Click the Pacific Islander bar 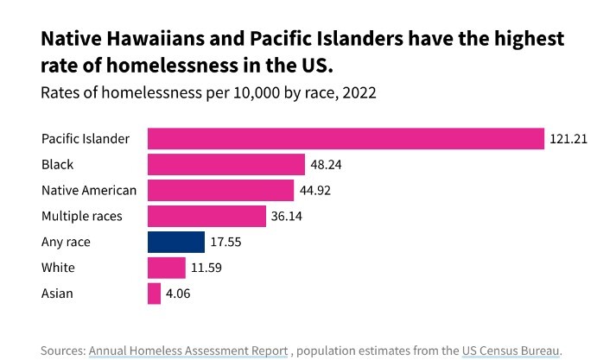(x=346, y=138)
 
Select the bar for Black (x=226, y=164)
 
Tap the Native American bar (x=220, y=190)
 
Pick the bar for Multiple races (x=206, y=216)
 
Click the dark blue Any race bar (x=176, y=242)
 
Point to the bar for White (x=167, y=268)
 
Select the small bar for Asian (x=155, y=294)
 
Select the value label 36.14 (x=288, y=216)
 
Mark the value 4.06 (x=179, y=294)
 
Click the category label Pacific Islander (x=86, y=138)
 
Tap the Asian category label (x=57, y=294)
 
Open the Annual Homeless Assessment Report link (x=188, y=351)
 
